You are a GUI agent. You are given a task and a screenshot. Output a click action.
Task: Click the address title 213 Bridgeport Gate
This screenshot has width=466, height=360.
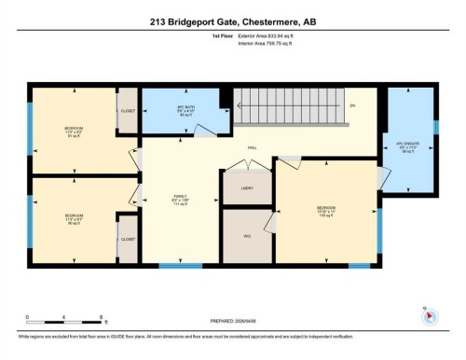point(232,20)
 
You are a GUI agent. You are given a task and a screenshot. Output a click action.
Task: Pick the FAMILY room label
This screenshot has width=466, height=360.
point(180,199)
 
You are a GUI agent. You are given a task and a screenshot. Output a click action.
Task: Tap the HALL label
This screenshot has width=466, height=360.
point(252,147)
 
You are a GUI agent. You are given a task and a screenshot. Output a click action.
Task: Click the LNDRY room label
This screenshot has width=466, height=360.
point(247,187)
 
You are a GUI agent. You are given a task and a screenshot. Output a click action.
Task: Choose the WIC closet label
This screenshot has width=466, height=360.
point(247,236)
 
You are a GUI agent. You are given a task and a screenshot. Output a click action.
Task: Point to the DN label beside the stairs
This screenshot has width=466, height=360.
point(352,105)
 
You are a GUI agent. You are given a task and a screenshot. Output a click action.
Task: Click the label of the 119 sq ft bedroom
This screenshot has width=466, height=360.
point(325,210)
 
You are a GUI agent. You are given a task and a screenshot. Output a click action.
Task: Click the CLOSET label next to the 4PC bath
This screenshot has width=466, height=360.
point(128,112)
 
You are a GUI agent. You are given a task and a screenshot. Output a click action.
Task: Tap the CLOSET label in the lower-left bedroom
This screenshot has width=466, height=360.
point(127,239)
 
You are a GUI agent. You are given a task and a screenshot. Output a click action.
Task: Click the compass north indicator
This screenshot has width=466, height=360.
point(429,315)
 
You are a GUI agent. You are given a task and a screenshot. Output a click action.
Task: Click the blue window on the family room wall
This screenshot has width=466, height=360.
point(180,267)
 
